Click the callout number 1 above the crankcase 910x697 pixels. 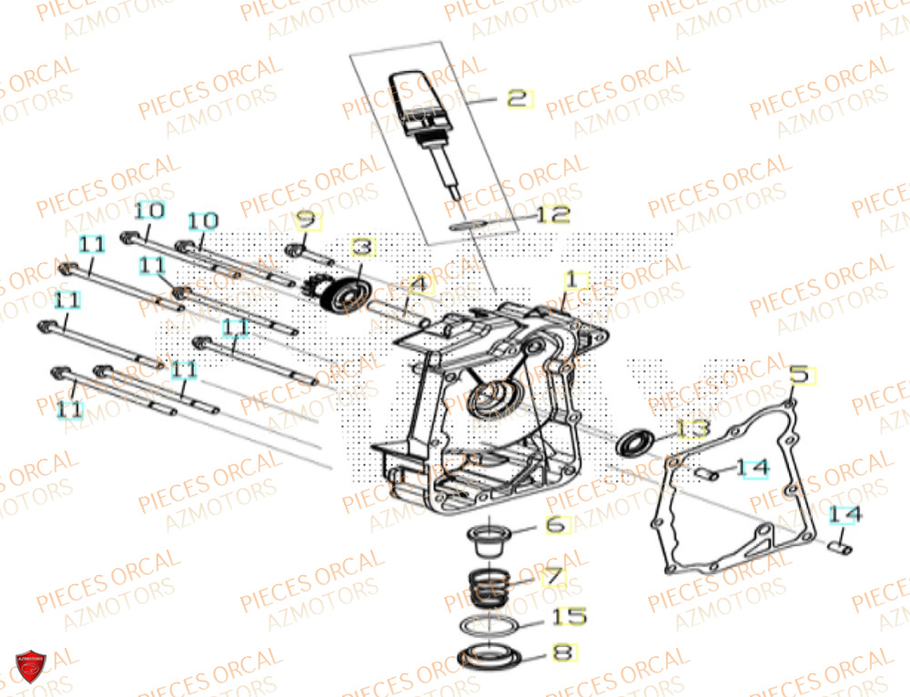click(x=571, y=279)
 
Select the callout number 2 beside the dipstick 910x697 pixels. click(x=518, y=99)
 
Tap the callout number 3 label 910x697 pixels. click(x=362, y=247)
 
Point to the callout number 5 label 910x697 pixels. click(x=798, y=374)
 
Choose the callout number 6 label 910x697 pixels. click(x=556, y=525)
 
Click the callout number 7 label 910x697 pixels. click(x=554, y=577)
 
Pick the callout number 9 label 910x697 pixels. click(x=305, y=220)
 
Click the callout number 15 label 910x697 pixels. click(x=570, y=618)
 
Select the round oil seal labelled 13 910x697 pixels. click(x=634, y=443)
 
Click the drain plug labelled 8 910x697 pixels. click(x=490, y=654)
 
